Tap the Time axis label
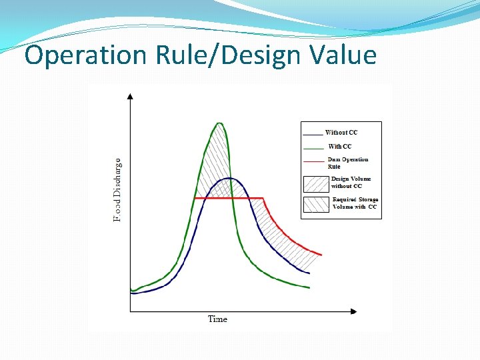[x=217, y=319]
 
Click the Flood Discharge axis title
[x=117, y=190]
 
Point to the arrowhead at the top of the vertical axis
[x=130, y=97]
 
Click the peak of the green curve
[x=219, y=123]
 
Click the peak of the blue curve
[x=229, y=178]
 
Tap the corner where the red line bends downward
[x=264, y=198]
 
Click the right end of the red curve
[x=322, y=255]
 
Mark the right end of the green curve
[x=309, y=288]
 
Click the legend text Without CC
[x=341, y=133]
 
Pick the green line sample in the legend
[x=313, y=147]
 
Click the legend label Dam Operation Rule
[x=347, y=163]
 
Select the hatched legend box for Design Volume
[x=315, y=183]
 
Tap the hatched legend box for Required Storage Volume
[x=316, y=204]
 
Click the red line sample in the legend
[x=313, y=161]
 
